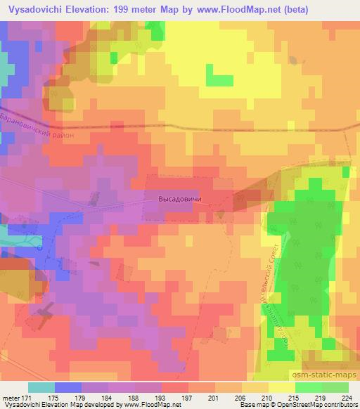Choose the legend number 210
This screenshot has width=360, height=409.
pyautogui.click(x=259, y=398)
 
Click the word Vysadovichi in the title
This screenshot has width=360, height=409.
pyautogui.click(x=34, y=9)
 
